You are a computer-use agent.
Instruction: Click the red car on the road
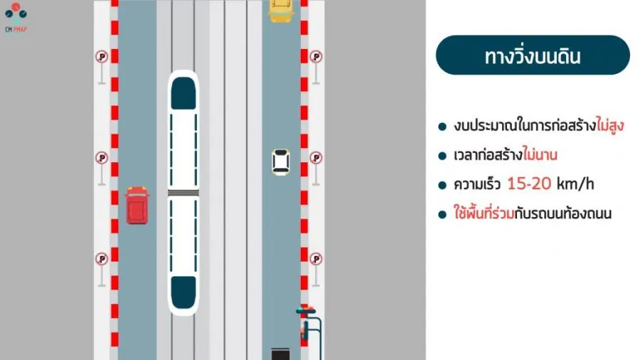(137, 205)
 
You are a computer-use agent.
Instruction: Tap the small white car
(281, 162)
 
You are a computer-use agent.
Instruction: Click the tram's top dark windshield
(183, 92)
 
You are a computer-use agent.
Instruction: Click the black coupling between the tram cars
(183, 192)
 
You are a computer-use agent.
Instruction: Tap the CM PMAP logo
(16, 17)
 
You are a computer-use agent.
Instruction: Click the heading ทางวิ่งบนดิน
(532, 56)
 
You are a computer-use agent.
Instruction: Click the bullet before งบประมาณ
(442, 127)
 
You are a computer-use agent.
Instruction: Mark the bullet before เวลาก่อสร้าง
(442, 155)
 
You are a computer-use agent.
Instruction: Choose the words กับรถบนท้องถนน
(570, 213)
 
